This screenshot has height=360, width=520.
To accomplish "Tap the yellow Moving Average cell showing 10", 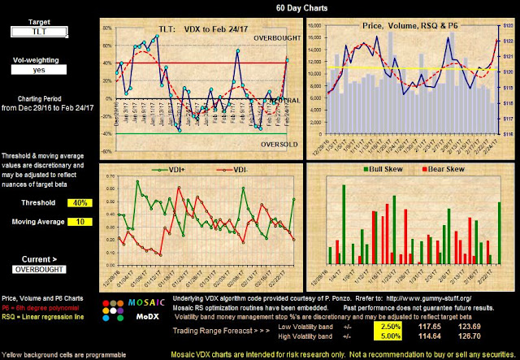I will (x=67, y=222).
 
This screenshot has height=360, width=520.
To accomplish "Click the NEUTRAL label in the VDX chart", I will (x=275, y=99).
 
